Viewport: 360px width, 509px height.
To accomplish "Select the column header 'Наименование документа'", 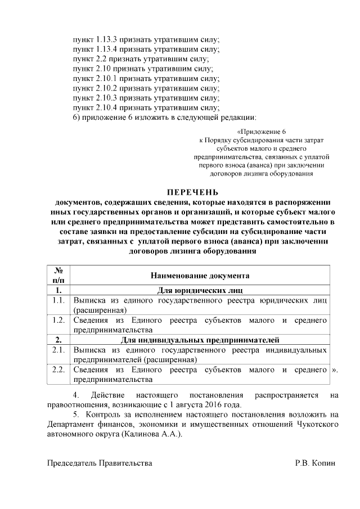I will [x=200, y=276].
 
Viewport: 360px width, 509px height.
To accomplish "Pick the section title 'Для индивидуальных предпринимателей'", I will [x=200, y=339].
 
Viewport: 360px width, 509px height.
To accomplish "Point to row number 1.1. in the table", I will [x=58, y=300].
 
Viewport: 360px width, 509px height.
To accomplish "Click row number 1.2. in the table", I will [x=58, y=320].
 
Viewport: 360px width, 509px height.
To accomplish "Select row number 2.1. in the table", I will [x=58, y=349].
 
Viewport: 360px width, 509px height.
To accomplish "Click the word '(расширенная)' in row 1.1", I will [x=100, y=310].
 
